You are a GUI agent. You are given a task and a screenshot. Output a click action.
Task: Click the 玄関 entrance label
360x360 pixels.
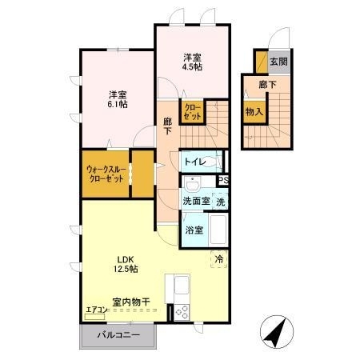click(278, 61)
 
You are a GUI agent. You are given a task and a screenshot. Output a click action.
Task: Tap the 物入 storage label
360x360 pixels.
click(254, 112)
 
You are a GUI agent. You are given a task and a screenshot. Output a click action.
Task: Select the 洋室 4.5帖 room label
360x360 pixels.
click(191, 62)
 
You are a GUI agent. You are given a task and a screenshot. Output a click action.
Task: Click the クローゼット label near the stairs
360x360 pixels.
click(193, 112)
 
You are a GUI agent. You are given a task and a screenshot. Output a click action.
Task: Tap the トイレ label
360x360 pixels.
click(194, 162)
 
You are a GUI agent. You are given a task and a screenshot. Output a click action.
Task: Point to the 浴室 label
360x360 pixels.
click(193, 230)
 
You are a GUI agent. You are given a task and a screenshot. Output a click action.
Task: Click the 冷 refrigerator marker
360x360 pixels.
click(219, 258)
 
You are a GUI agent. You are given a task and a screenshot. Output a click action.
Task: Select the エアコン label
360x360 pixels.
click(96, 311)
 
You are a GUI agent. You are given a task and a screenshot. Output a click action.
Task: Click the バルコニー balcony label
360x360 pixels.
click(118, 336)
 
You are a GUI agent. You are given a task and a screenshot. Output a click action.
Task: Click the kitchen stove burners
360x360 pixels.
click(179, 313)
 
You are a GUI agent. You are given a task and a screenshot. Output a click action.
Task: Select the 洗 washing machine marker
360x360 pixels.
click(220, 202)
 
